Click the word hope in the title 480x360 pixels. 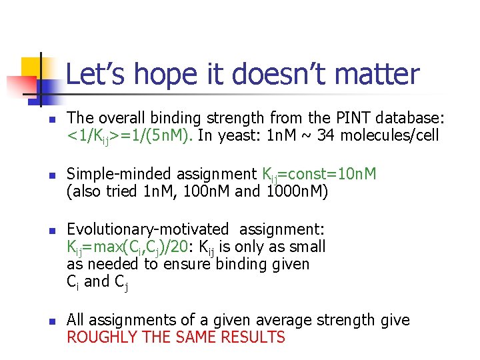(x=170, y=75)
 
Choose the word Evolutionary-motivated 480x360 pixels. (x=147, y=230)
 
